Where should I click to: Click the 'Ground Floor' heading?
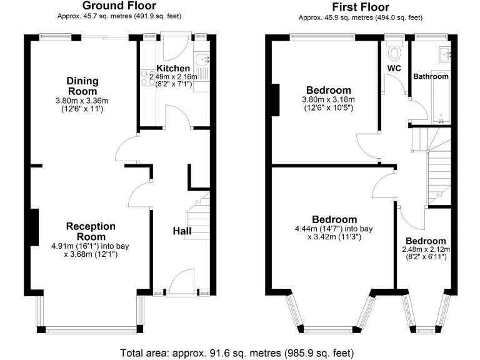[119, 6]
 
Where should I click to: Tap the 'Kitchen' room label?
[173, 68]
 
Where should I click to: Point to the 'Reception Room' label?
[91, 231]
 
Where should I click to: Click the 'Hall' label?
[182, 231]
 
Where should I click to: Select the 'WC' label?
[394, 67]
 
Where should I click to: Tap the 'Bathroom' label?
[431, 76]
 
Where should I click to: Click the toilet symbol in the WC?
[394, 50]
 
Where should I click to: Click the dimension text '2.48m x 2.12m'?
[425, 249]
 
